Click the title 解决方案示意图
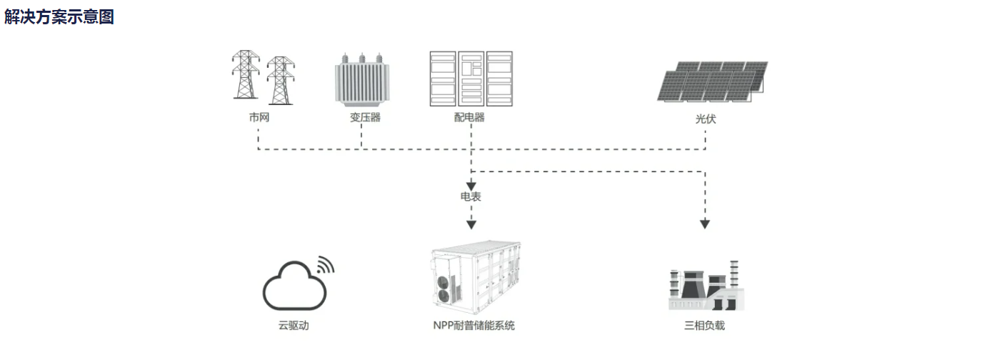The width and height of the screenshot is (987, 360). (59, 16)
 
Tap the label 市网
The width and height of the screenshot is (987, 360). (259, 117)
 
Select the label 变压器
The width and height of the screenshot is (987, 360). (365, 117)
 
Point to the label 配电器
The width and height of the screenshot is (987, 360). (469, 117)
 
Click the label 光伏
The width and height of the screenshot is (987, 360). (706, 119)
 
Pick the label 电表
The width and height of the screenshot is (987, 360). (471, 196)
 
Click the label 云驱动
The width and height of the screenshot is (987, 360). (294, 326)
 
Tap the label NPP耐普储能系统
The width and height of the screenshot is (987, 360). (474, 326)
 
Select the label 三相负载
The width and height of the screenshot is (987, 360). (704, 326)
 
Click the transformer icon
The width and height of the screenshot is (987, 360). (362, 80)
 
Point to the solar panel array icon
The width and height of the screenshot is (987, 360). (713, 81)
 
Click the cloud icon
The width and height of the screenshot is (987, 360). (294, 286)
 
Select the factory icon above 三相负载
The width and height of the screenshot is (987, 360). (706, 286)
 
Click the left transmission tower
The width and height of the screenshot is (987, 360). (246, 74)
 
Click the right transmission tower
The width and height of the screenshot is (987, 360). (281, 80)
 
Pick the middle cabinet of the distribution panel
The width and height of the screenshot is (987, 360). (471, 79)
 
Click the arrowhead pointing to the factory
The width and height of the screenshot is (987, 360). (705, 224)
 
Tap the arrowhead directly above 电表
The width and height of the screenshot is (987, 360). (471, 186)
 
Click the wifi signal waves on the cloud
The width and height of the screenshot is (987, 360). (326, 264)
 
